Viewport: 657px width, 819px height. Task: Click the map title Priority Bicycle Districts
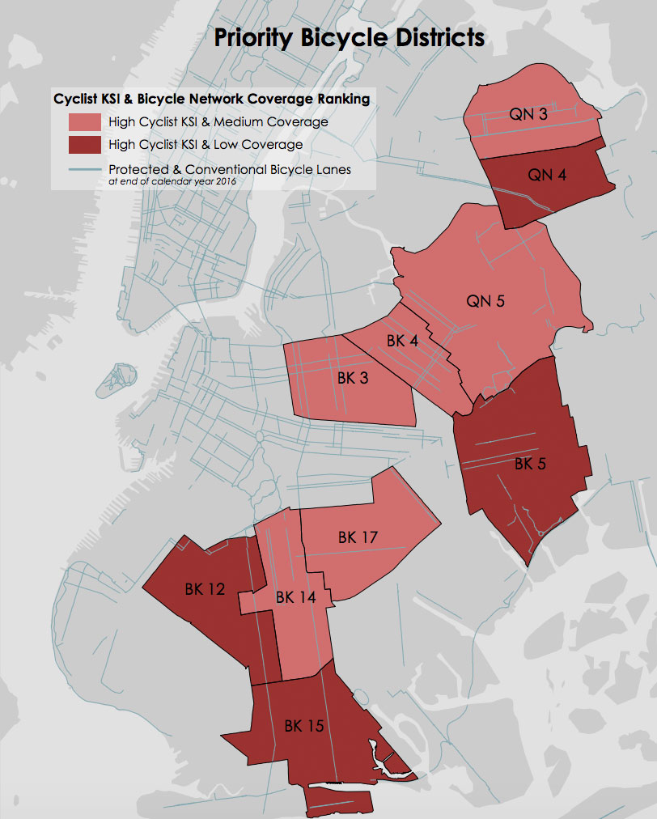(349, 38)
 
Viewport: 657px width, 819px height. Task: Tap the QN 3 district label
(528, 114)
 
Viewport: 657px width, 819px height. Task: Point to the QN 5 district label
(485, 301)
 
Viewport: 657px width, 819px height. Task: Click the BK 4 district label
(402, 341)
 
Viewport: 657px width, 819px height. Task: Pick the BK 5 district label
(531, 464)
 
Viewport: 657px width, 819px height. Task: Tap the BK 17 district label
(358, 537)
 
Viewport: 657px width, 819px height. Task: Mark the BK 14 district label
(296, 598)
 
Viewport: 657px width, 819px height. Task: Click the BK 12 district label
(205, 590)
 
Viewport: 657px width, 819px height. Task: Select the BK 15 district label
(304, 726)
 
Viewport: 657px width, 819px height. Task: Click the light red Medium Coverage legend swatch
(84, 122)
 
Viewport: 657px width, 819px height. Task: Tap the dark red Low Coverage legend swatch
(84, 145)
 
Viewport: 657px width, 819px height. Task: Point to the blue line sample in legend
(84, 170)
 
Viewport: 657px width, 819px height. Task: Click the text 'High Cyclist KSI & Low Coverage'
(206, 145)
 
